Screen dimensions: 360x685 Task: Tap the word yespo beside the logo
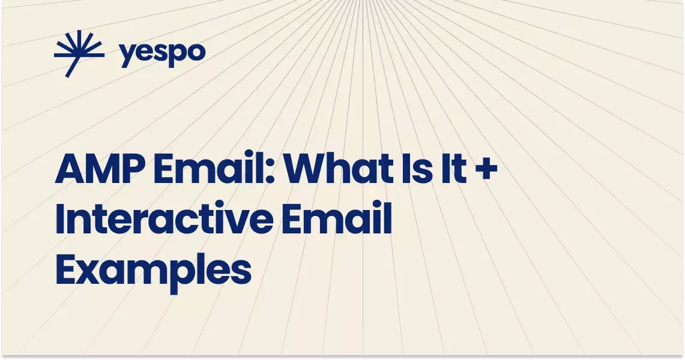pos(162,54)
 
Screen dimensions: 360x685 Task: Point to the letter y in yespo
pos(127,56)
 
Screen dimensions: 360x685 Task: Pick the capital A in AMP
pos(68,170)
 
